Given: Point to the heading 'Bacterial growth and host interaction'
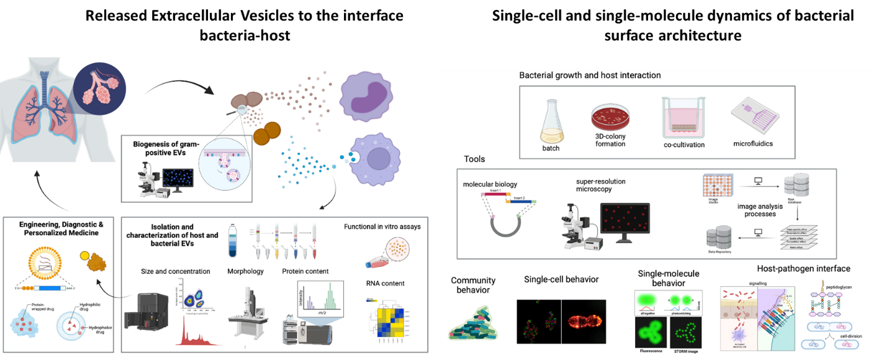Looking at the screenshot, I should pyautogui.click(x=590, y=75).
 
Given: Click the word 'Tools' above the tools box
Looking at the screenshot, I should pyautogui.click(x=475, y=160).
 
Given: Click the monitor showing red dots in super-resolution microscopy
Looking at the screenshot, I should pyautogui.click(x=625, y=220).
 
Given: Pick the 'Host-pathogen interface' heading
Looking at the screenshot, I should pyautogui.click(x=803, y=269).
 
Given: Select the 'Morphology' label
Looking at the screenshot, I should pyautogui.click(x=245, y=271).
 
